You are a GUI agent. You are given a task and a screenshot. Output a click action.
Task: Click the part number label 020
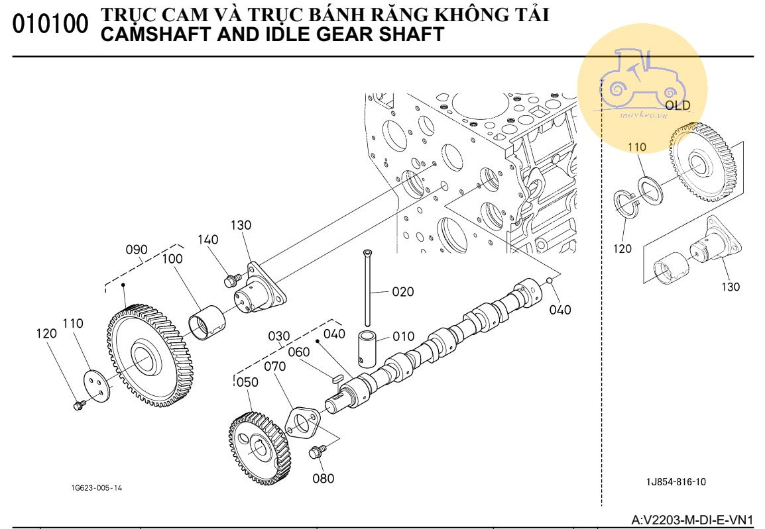(402, 291)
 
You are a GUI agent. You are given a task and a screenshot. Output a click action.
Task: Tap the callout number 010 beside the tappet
(403, 336)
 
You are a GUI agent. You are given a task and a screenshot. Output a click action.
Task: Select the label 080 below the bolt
(324, 478)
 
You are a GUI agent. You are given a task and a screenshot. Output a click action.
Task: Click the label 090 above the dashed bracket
(137, 250)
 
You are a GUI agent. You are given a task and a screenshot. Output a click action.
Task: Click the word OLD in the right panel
(677, 105)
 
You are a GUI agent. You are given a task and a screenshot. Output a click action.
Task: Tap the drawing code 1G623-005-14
(97, 488)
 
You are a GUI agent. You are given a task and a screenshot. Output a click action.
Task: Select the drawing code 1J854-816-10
(676, 482)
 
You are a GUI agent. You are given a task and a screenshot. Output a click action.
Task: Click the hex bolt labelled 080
(316, 452)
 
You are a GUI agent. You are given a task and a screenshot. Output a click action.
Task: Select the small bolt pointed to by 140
(231, 281)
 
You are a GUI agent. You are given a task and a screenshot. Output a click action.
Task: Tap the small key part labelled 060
(336, 378)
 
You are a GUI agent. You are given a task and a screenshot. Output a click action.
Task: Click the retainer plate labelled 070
(303, 423)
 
